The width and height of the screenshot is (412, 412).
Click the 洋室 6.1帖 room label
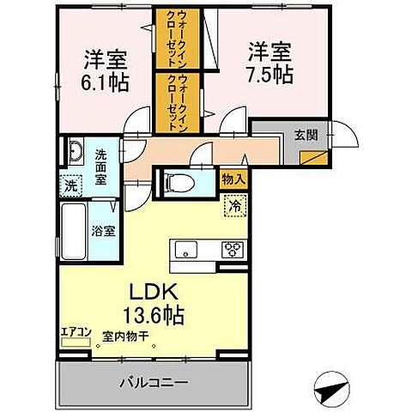(x=106, y=72)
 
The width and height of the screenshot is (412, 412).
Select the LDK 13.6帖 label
(x=156, y=302)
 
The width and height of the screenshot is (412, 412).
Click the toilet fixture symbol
(x=177, y=182)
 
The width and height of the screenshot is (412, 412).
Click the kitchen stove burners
(x=233, y=251)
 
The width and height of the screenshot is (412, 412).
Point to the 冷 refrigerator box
(x=233, y=206)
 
